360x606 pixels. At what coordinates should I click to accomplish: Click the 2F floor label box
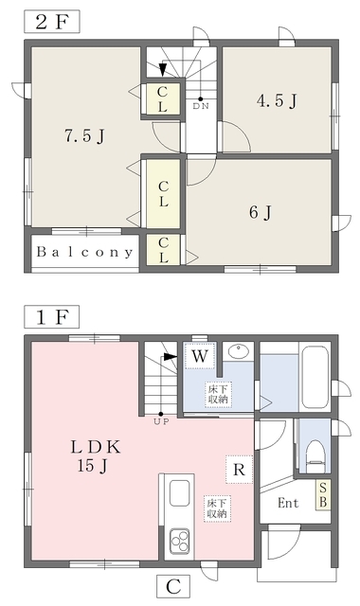[52, 22]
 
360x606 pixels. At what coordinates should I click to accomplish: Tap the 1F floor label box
[52, 317]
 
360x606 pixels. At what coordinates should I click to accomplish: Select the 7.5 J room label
[84, 136]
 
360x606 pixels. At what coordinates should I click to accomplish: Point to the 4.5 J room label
[277, 101]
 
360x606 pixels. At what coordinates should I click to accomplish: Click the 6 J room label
[261, 212]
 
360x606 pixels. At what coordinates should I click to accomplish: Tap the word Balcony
[84, 252]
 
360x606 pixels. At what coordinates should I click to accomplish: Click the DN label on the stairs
[201, 105]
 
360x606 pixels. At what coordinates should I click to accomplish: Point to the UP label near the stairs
[161, 421]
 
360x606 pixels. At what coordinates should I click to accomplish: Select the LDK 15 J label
[95, 456]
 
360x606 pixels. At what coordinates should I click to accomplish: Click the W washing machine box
[200, 356]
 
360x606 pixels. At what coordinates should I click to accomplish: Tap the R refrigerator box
[240, 470]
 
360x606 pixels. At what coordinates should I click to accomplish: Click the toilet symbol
[315, 456]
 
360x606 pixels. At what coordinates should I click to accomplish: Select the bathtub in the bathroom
[315, 377]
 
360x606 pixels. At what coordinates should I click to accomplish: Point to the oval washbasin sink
[239, 351]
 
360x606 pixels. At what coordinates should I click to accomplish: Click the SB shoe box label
[323, 495]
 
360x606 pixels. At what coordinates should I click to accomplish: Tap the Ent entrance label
[288, 503]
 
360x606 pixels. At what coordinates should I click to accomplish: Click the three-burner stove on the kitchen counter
[179, 541]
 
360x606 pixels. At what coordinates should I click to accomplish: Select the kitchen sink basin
[179, 493]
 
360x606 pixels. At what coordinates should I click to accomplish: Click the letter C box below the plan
[173, 587]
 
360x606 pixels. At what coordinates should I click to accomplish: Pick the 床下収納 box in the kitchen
[218, 508]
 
